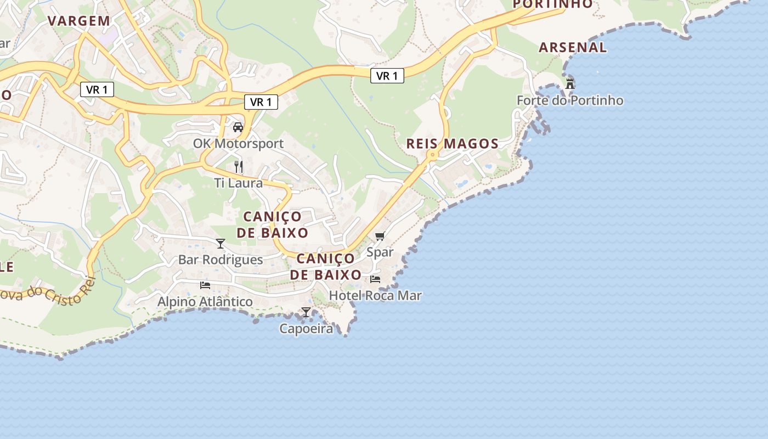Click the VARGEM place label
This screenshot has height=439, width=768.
pos(79,21)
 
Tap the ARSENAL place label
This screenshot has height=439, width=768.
pos(573,48)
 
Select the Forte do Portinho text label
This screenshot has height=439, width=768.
pos(570,100)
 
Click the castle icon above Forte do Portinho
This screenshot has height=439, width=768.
pos(570,84)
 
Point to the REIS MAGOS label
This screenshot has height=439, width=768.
pos(452,144)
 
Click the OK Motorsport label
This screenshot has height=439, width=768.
pos(238,144)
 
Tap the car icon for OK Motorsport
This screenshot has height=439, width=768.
pos(238,127)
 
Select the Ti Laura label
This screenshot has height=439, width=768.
pos(238,183)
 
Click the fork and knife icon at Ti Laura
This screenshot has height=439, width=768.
pos(238,167)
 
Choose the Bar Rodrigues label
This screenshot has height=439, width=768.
pos(221,260)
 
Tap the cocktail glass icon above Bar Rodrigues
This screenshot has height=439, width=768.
pos(221,244)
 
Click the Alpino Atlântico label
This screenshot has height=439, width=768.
pos(205,302)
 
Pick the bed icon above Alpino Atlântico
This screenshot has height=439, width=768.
pos(205,285)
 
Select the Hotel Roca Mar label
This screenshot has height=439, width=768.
pos(375,296)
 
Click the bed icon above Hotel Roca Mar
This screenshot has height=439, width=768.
pos(375,279)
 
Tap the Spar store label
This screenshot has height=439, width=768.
pos(380,252)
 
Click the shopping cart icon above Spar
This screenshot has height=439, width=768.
pos(380,237)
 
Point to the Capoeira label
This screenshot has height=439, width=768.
pos(306,329)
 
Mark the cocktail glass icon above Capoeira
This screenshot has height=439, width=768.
pos(306,313)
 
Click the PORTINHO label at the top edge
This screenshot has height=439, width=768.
pos(553,4)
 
